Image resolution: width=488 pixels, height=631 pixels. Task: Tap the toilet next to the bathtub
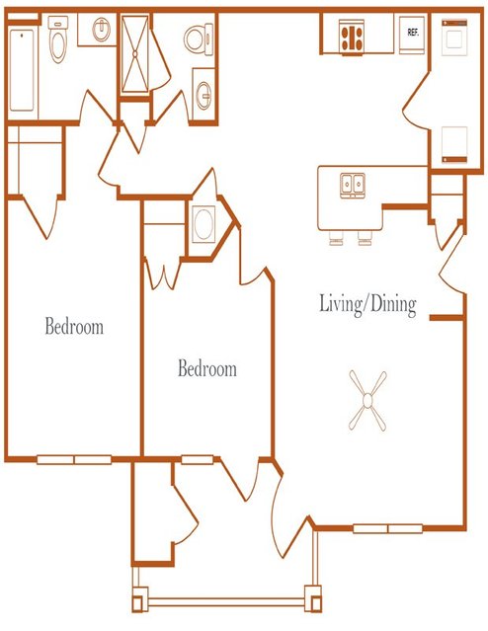(57, 39)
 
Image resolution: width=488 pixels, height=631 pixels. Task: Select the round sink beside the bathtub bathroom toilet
(102, 30)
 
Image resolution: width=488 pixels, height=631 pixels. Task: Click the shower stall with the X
(135, 54)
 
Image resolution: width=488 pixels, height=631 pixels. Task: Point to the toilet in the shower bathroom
(199, 39)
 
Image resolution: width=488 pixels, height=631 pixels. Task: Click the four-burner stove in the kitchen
(351, 37)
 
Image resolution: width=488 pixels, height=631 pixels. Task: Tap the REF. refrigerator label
(413, 33)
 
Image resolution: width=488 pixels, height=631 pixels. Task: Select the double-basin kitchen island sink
(353, 185)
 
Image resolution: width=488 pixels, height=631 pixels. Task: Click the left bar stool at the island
(336, 238)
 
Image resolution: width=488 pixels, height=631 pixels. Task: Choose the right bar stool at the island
(365, 238)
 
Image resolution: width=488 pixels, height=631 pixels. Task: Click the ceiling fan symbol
(367, 400)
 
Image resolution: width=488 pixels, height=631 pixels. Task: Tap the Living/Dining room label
(367, 305)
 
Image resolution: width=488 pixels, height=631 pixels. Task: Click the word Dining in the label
(393, 305)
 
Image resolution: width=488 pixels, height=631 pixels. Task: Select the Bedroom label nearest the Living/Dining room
(207, 368)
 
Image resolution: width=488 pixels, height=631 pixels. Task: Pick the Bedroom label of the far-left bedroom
(74, 326)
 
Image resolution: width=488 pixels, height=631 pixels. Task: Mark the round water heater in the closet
(203, 224)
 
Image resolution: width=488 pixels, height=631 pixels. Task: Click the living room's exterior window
(388, 528)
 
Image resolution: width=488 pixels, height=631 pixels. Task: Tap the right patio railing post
(313, 598)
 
